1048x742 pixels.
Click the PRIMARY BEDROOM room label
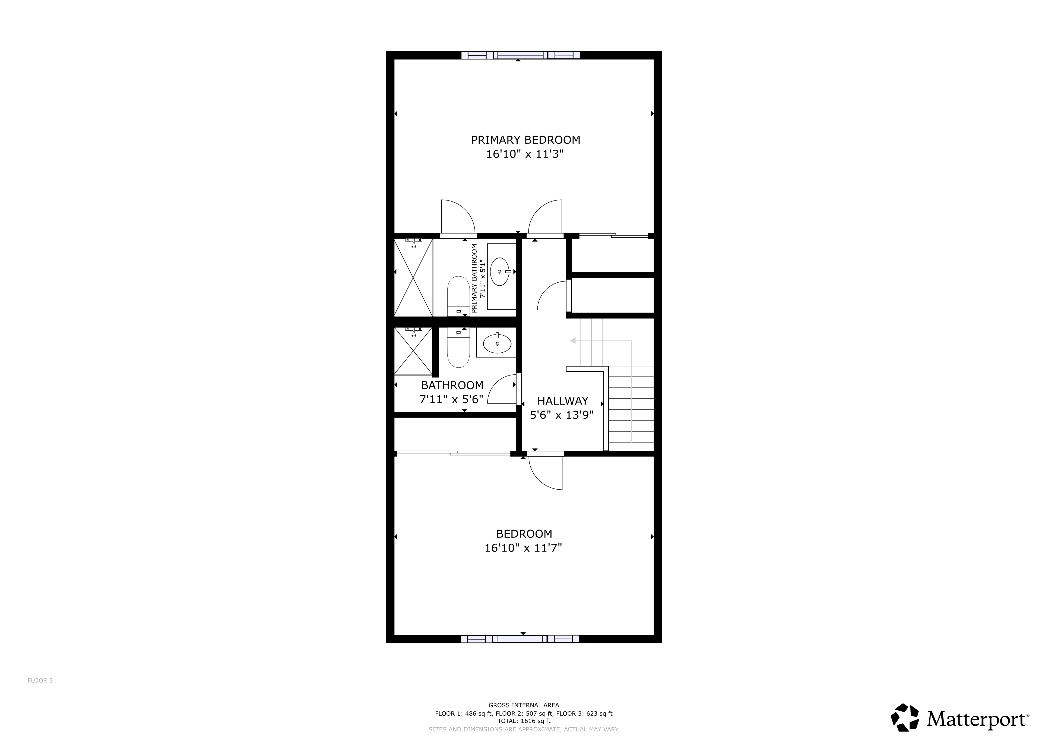pyautogui.click(x=525, y=140)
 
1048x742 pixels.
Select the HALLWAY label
pyautogui.click(x=562, y=401)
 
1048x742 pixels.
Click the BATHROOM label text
pyautogui.click(x=452, y=386)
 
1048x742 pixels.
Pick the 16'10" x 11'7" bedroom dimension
pyautogui.click(x=523, y=548)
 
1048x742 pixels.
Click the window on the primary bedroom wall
pyautogui.click(x=520, y=55)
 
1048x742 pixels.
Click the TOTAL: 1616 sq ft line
pyautogui.click(x=524, y=721)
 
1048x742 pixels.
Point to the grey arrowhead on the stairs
pyautogui.click(x=572, y=341)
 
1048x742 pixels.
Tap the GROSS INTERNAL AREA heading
pyautogui.click(x=524, y=705)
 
